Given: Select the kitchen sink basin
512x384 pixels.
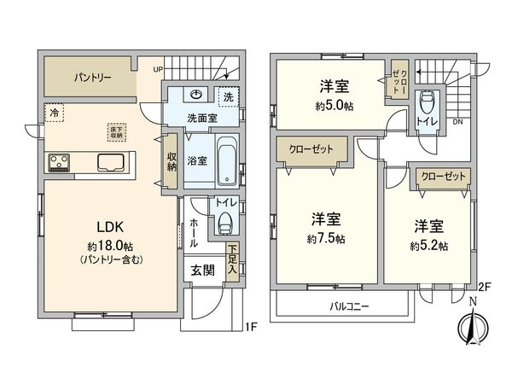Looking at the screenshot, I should point(112,161).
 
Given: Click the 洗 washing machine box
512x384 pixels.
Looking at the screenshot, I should point(228,96).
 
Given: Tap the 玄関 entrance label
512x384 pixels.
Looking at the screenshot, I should point(201,271).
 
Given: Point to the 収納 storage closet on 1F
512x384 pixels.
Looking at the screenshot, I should point(172,160).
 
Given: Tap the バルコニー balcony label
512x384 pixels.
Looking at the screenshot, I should point(351,305).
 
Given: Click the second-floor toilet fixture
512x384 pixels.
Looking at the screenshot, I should point(426,106).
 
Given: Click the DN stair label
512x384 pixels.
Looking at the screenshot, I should point(457,121).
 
